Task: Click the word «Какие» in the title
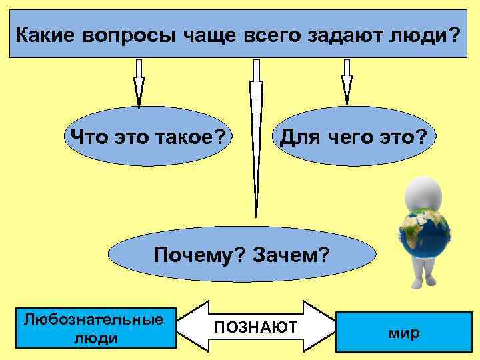pos(45,34)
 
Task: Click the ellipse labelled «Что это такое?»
pos(147,137)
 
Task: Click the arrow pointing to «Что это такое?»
pos(139,83)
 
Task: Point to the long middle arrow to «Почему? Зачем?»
pos(255,133)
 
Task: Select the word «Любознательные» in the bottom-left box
pos(93,318)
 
